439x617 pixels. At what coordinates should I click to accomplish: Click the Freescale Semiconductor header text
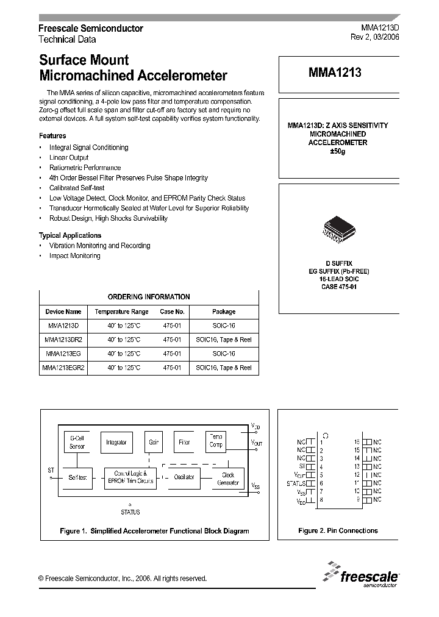[91, 29]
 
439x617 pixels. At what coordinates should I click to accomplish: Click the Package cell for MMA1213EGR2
[224, 368]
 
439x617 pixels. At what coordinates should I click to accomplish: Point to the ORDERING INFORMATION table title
[149, 297]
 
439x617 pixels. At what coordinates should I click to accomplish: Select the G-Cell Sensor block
[77, 442]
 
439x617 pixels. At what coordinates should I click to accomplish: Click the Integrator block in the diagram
[116, 443]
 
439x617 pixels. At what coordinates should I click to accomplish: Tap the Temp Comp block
[216, 441]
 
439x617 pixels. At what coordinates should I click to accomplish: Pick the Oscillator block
[184, 477]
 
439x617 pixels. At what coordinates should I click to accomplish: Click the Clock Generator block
[228, 479]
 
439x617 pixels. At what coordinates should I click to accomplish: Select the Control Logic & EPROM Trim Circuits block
[131, 477]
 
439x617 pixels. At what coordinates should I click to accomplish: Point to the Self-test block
[77, 477]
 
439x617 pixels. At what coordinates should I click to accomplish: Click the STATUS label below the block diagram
[130, 512]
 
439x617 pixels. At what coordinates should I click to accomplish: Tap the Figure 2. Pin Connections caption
[338, 530]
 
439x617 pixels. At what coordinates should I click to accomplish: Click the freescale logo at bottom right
[362, 575]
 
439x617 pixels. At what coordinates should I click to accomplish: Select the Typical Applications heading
[70, 235]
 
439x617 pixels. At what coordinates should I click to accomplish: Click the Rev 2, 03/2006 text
[375, 37]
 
